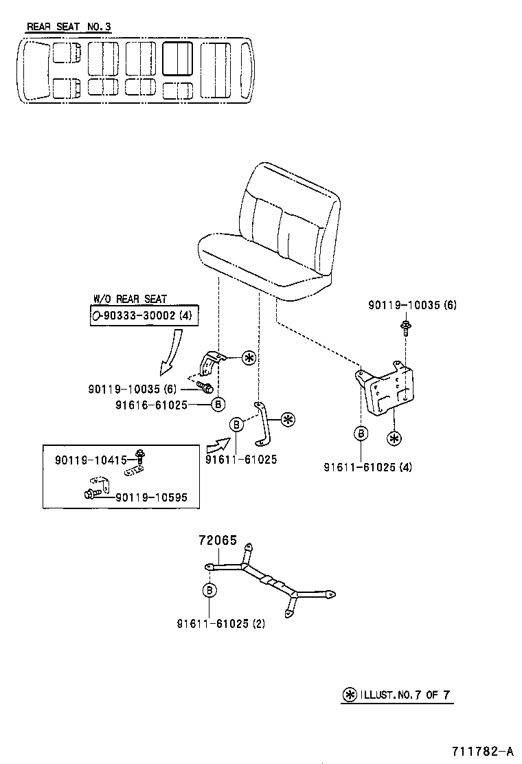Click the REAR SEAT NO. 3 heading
[x=69, y=27]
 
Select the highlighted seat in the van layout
[x=178, y=58]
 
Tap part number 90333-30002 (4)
[x=146, y=315]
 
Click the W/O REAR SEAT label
[x=130, y=299]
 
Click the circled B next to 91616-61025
[x=218, y=405]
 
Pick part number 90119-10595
[x=151, y=497]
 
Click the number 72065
[x=218, y=541]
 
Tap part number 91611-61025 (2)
[x=220, y=624]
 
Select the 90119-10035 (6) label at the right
[x=412, y=304]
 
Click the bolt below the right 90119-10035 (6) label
[x=407, y=327]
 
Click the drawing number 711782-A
[x=482, y=750]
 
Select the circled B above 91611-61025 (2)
[x=210, y=589]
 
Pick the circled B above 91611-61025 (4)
[x=361, y=433]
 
